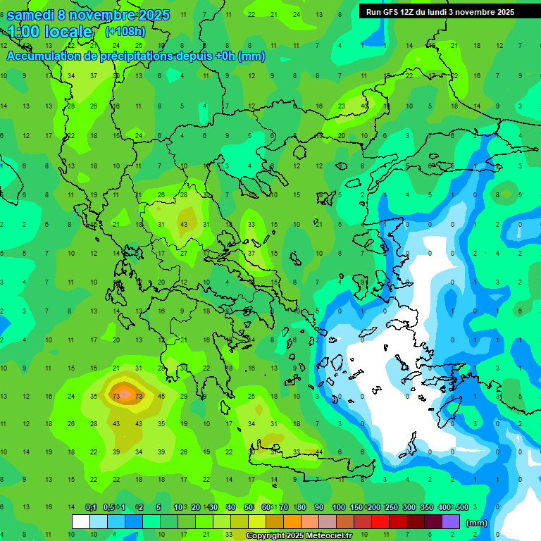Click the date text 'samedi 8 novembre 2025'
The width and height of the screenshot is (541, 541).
point(88,14)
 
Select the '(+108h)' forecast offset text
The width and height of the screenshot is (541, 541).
point(126,31)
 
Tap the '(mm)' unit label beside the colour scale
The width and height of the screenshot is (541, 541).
point(477,523)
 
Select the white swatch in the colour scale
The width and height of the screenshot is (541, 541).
point(81,522)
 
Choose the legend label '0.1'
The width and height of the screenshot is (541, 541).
point(91,507)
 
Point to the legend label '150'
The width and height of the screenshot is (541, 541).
point(356,507)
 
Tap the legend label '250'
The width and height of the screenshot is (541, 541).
point(391,507)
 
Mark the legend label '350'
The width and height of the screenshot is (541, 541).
point(426,507)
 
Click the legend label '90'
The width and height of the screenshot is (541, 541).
point(318,507)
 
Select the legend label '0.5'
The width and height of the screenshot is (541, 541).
point(108,507)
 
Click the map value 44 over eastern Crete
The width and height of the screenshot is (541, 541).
point(319,452)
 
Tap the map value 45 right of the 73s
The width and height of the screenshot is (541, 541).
point(161,396)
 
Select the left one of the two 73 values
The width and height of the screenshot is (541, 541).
point(116,396)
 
